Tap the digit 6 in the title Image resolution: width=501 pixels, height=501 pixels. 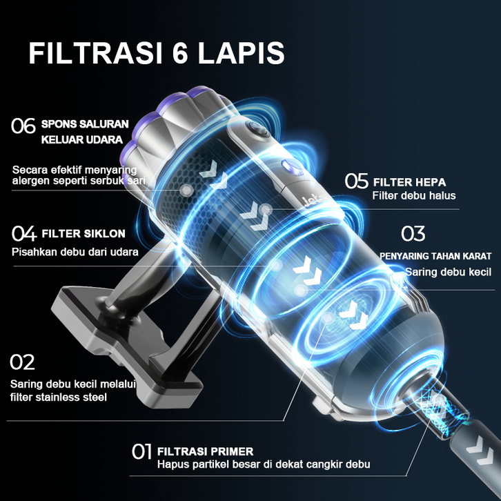point(180,53)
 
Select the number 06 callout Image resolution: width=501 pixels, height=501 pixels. point(23,126)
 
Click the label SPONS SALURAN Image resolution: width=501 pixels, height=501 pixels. point(85,124)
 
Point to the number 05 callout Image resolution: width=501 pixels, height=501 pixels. point(356,181)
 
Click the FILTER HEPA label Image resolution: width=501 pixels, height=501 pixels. point(410,182)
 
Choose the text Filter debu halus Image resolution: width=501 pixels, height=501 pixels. point(414,195)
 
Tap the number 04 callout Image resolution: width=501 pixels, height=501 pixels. point(24,233)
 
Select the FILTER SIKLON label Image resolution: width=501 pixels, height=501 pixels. point(83,233)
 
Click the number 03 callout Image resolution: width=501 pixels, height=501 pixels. point(413,233)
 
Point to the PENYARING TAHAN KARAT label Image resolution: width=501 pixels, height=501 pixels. point(435,256)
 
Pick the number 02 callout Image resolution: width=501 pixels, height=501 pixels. point(22,362)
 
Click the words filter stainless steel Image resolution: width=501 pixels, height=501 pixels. point(59,397)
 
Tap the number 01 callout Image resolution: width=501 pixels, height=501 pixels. point(141,451)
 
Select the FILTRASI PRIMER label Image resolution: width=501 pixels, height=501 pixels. point(205,451)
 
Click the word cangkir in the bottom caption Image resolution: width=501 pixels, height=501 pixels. point(324,464)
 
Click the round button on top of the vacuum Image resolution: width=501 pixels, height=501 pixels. point(257,130)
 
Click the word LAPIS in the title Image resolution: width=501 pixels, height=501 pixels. point(241,53)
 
